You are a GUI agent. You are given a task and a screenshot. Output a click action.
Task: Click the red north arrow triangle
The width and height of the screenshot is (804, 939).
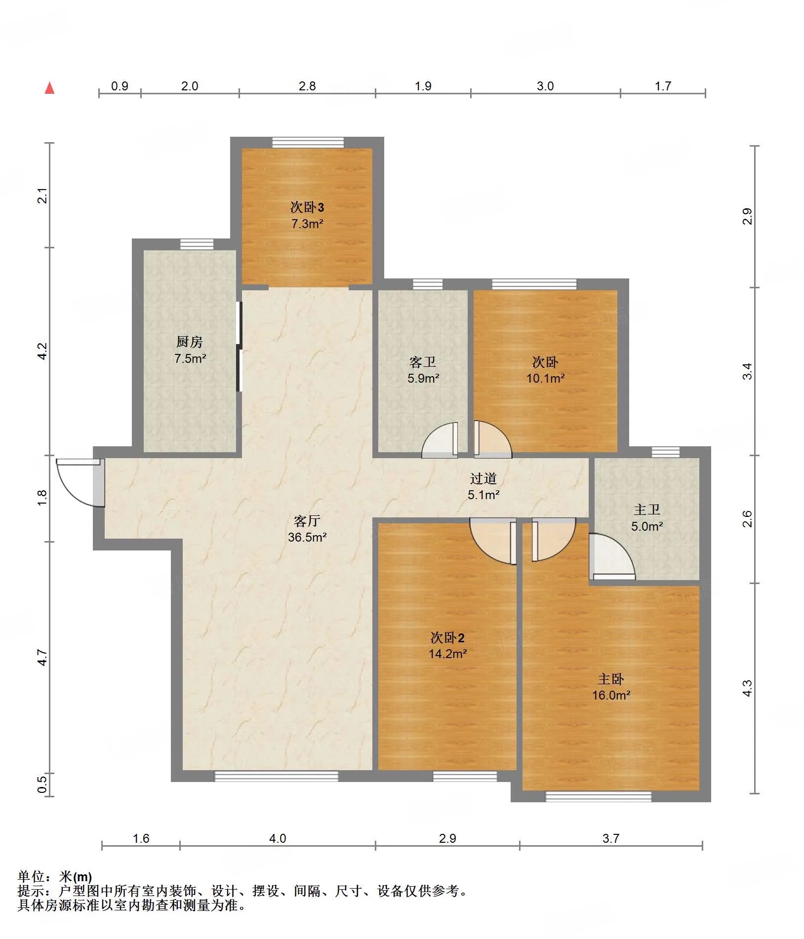[x=49, y=88]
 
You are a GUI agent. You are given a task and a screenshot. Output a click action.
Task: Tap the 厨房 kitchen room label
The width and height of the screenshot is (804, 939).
[x=190, y=342]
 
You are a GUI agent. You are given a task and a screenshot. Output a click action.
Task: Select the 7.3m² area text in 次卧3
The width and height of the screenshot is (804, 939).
[x=307, y=224]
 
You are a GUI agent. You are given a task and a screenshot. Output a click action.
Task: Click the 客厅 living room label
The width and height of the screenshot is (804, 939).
[x=307, y=521]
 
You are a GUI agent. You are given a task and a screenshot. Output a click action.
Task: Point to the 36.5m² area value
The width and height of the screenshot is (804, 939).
[x=307, y=537]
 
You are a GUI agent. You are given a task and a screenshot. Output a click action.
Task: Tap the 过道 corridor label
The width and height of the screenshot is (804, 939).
[x=483, y=478]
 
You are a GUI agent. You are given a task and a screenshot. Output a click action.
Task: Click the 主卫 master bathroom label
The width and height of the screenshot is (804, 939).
[x=647, y=509]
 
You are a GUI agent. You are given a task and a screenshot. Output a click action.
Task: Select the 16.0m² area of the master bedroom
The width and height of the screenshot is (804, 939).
[x=611, y=695]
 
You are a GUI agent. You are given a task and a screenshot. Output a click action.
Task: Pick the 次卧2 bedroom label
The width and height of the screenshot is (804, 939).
[x=447, y=637]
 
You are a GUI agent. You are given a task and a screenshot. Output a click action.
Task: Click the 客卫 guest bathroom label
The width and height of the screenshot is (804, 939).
[x=423, y=362]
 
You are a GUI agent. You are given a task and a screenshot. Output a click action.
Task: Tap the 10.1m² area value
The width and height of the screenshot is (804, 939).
[x=545, y=378]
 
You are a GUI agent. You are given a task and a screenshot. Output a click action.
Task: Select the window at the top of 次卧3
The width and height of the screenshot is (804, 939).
[x=308, y=142]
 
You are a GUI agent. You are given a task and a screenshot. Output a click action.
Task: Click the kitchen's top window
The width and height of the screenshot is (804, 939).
[x=197, y=244]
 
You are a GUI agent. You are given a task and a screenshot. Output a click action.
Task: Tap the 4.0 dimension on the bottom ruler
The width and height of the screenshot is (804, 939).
[x=278, y=838]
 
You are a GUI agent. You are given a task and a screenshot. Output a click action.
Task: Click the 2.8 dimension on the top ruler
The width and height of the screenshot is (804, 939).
[x=307, y=86]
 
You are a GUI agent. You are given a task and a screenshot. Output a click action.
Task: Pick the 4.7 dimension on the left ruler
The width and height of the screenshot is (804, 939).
[x=42, y=658]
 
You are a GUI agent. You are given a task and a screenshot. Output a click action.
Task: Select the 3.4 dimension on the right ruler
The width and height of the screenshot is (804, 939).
[x=748, y=371]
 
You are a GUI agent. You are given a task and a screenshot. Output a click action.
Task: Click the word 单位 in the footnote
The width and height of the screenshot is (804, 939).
[x=31, y=876]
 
